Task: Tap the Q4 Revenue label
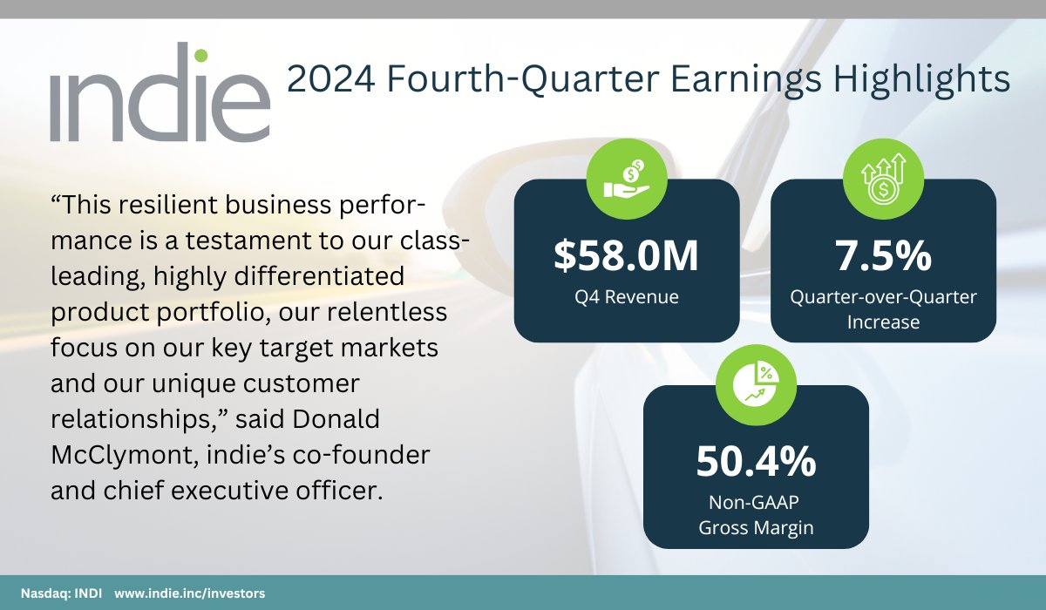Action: click(626, 297)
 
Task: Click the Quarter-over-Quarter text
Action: click(883, 297)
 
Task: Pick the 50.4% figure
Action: click(755, 462)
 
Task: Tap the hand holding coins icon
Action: click(627, 179)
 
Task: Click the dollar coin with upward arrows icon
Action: click(883, 179)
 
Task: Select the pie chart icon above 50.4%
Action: click(755, 384)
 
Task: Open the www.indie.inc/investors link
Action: click(189, 593)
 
